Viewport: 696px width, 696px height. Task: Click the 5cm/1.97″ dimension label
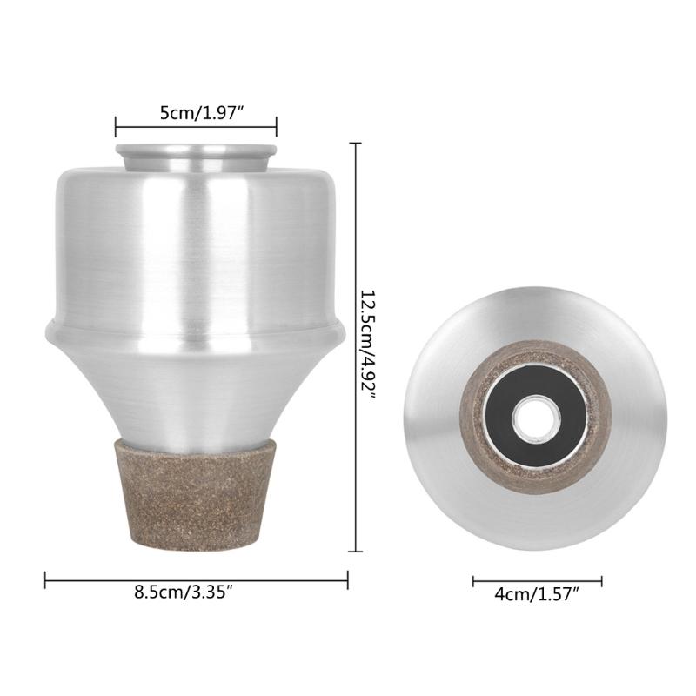tap(196, 111)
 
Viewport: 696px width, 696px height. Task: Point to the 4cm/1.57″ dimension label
tap(537, 595)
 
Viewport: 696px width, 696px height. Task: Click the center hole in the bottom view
tap(535, 418)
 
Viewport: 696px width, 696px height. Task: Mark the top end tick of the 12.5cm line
tap(353, 144)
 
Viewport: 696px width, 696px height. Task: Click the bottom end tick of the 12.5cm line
tap(353, 551)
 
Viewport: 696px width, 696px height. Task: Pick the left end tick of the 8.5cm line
tap(45, 579)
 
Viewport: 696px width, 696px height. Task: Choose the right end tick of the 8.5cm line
tap(347, 579)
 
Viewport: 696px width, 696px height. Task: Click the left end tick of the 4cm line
tap(473, 581)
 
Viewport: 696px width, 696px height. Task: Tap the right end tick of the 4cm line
tap(601, 581)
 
